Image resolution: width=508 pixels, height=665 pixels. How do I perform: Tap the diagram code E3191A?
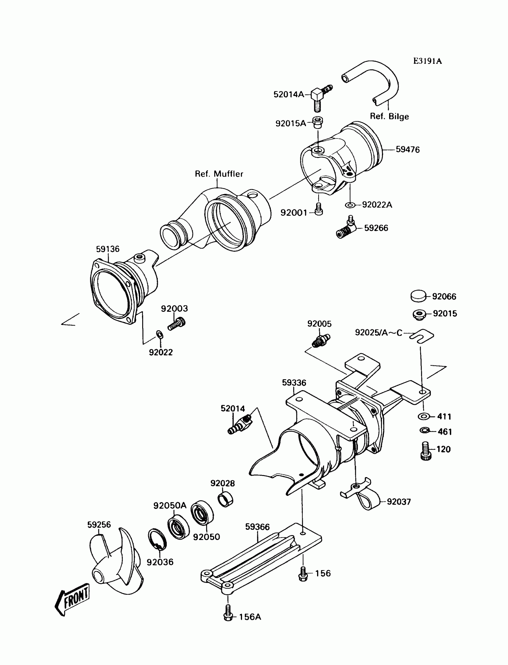(428, 61)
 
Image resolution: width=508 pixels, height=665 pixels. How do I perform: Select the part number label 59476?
(408, 150)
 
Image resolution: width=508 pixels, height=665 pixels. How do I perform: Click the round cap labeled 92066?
(418, 296)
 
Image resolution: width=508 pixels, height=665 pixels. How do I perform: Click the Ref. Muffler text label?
(219, 174)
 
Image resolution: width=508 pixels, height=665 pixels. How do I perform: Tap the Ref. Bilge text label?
(389, 117)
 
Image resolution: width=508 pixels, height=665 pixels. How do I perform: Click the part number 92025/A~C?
(379, 333)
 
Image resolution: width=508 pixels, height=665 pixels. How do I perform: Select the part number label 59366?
(257, 527)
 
